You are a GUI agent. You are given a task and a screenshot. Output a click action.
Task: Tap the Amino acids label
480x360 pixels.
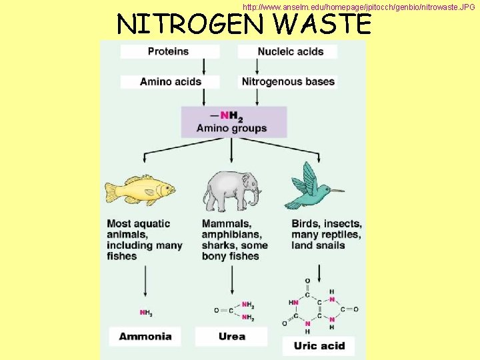pos(170,81)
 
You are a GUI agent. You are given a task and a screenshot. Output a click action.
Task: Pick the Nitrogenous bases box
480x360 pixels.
pos(288,81)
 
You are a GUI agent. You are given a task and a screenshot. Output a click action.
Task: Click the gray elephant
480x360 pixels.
pos(231,190)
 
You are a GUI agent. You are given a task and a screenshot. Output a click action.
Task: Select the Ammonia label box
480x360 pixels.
pos(145,337)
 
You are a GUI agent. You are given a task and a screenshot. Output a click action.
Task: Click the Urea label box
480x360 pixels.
pos(231,337)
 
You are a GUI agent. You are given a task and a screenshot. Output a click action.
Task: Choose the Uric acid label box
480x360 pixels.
pos(319,345)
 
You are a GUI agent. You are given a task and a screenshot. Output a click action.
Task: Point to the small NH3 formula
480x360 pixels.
pos(145,312)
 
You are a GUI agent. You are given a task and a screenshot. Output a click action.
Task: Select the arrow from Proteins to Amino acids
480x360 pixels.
pos(203,66)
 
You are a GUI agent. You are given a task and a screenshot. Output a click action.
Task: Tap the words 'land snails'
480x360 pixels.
pos(318,245)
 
